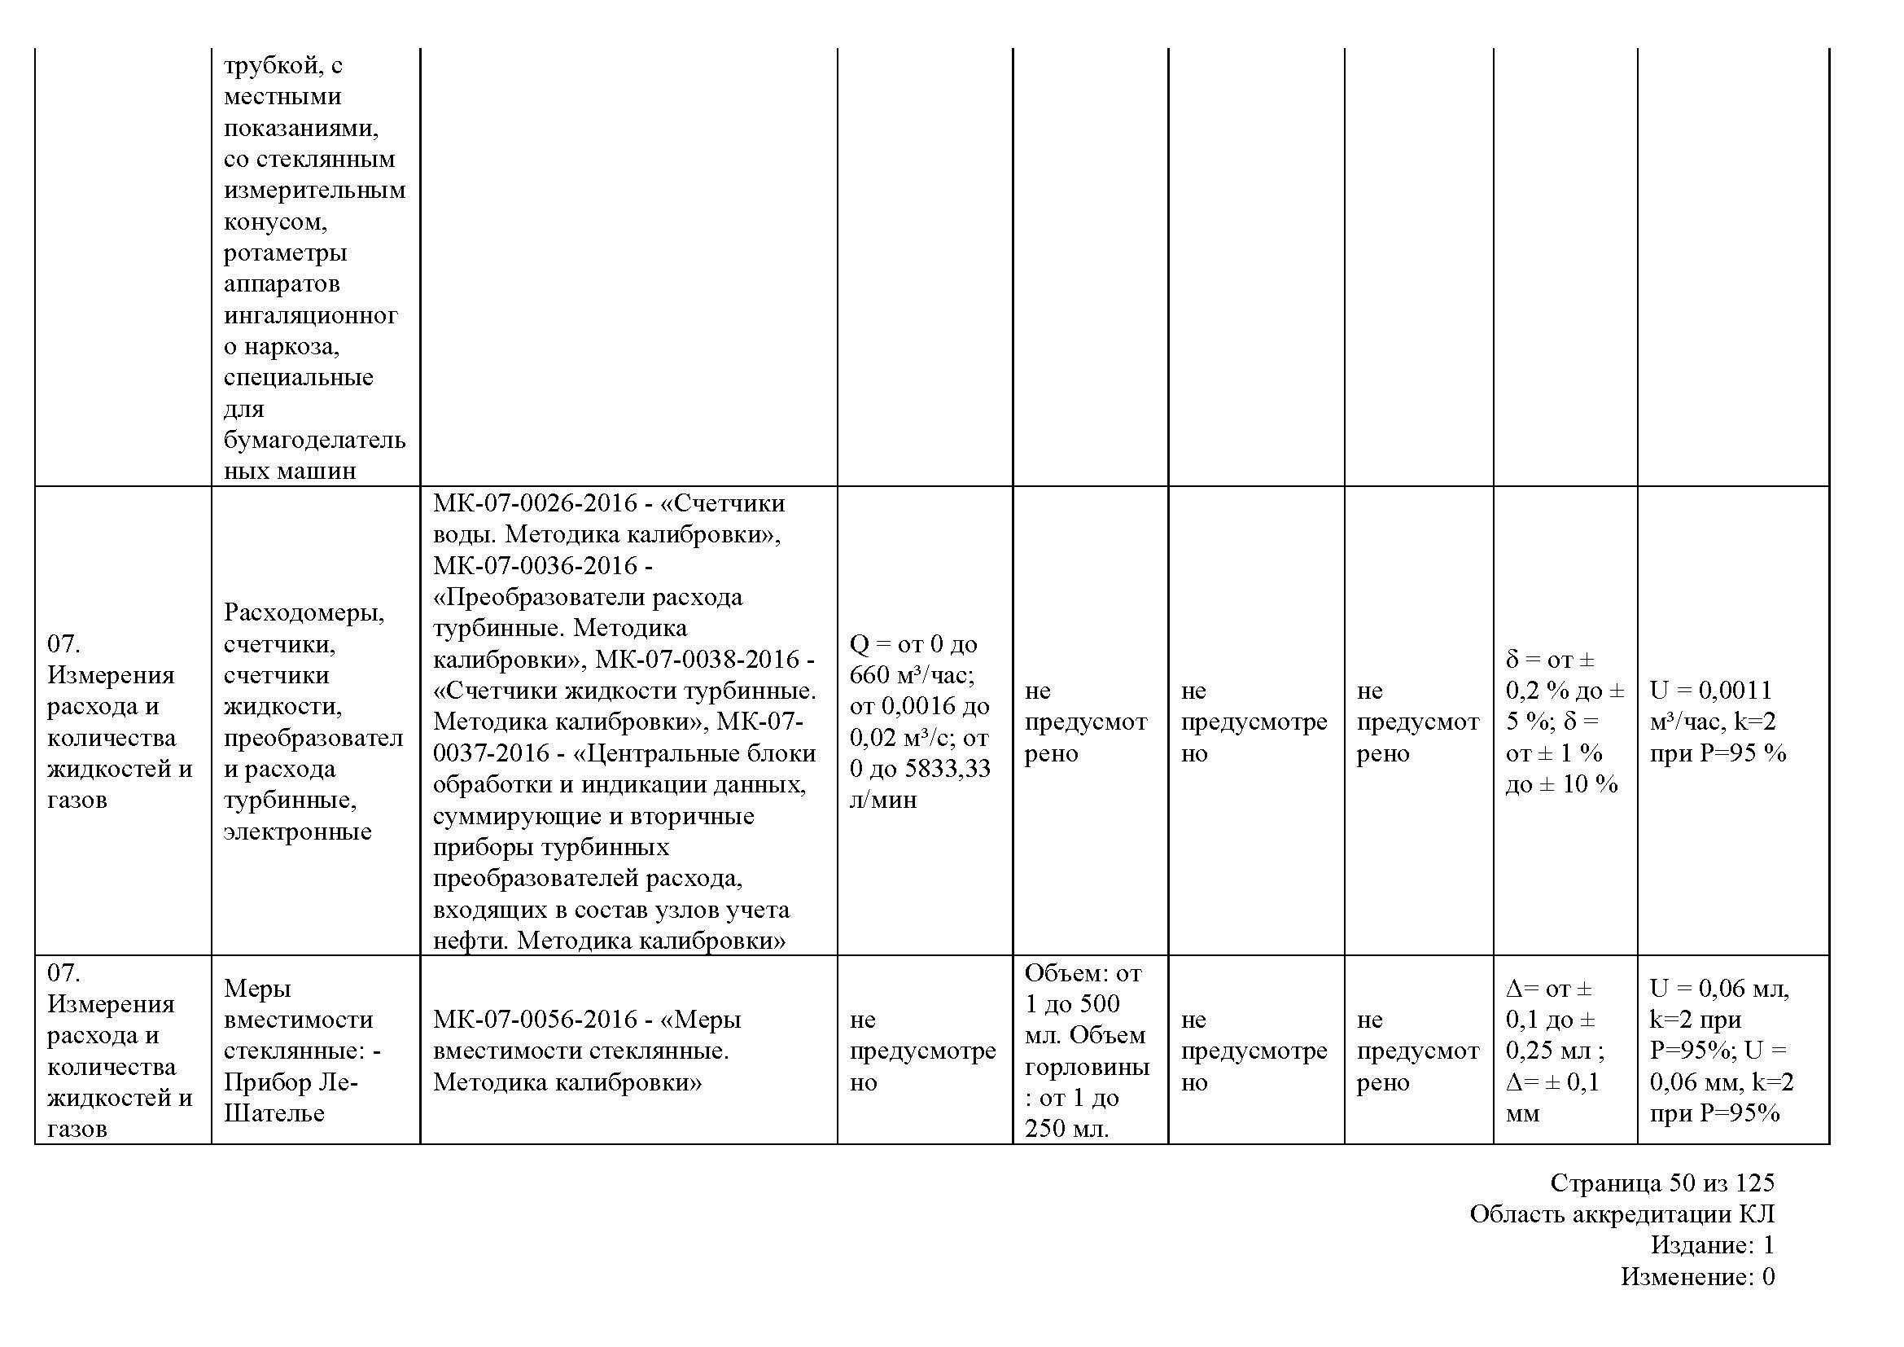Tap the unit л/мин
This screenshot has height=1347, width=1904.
tap(883, 800)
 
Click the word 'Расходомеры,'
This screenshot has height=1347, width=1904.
tap(304, 612)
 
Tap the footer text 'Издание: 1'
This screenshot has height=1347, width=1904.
tap(1712, 1245)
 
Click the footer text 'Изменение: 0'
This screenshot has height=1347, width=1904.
tap(1697, 1276)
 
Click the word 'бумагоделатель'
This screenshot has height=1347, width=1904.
tap(314, 440)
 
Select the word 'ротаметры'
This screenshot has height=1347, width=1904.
tap(285, 252)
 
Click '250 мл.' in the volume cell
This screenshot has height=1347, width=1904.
tap(1066, 1129)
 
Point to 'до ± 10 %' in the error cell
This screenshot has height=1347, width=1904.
tap(1560, 783)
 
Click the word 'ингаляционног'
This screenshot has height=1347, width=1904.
tap(310, 315)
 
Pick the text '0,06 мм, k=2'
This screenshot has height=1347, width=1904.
tap(1721, 1082)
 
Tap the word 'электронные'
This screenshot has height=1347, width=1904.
tap(297, 831)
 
